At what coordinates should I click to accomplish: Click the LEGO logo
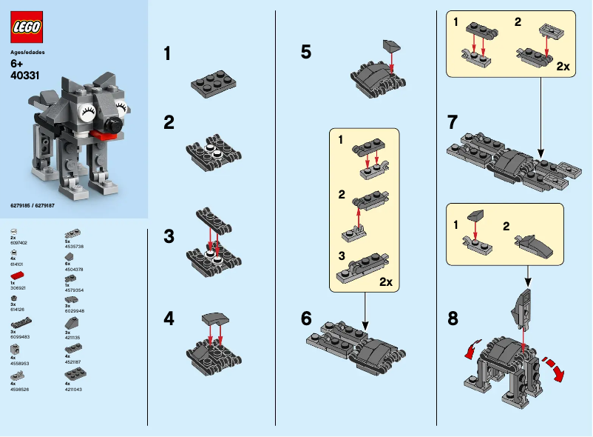coord(27,28)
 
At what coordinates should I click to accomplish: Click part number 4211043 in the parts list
coord(73,389)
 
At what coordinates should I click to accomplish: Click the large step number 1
coord(168,53)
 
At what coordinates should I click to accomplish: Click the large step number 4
coord(169,319)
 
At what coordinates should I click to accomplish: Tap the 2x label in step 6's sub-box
coord(386,282)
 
